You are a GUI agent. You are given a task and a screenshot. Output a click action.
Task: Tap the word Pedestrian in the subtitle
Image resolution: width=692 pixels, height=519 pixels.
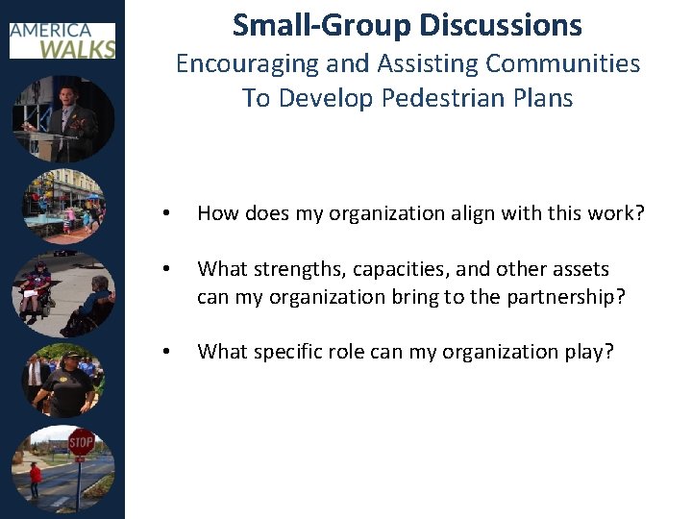tap(420, 98)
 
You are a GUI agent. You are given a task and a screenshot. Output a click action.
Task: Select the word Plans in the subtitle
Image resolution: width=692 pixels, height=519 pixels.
tap(540, 98)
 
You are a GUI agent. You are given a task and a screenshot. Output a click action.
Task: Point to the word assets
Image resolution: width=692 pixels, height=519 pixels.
tap(577, 269)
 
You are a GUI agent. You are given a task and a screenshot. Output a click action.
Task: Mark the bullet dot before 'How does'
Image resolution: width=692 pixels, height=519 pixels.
tap(167, 214)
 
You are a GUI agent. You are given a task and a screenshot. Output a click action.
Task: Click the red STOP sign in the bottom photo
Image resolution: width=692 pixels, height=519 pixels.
tap(81, 442)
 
